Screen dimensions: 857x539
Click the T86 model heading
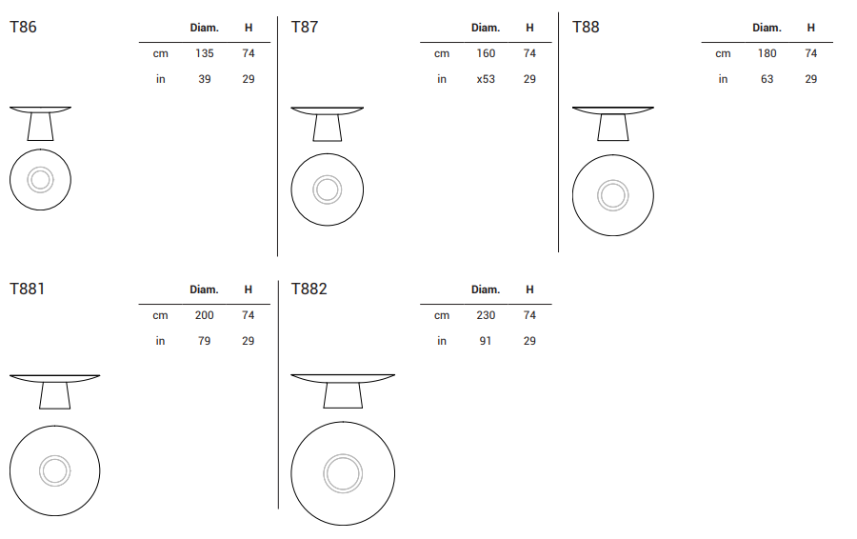(23, 27)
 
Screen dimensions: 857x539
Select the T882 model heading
(309, 289)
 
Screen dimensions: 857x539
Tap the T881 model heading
(27, 289)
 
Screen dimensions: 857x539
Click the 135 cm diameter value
(205, 53)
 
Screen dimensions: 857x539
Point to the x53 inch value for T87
(486, 79)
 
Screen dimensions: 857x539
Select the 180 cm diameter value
(767, 53)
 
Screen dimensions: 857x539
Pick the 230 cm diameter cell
(486, 315)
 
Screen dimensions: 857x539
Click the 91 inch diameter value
(486, 341)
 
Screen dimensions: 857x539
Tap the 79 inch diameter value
(205, 341)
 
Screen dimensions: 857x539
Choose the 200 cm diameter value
(205, 315)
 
